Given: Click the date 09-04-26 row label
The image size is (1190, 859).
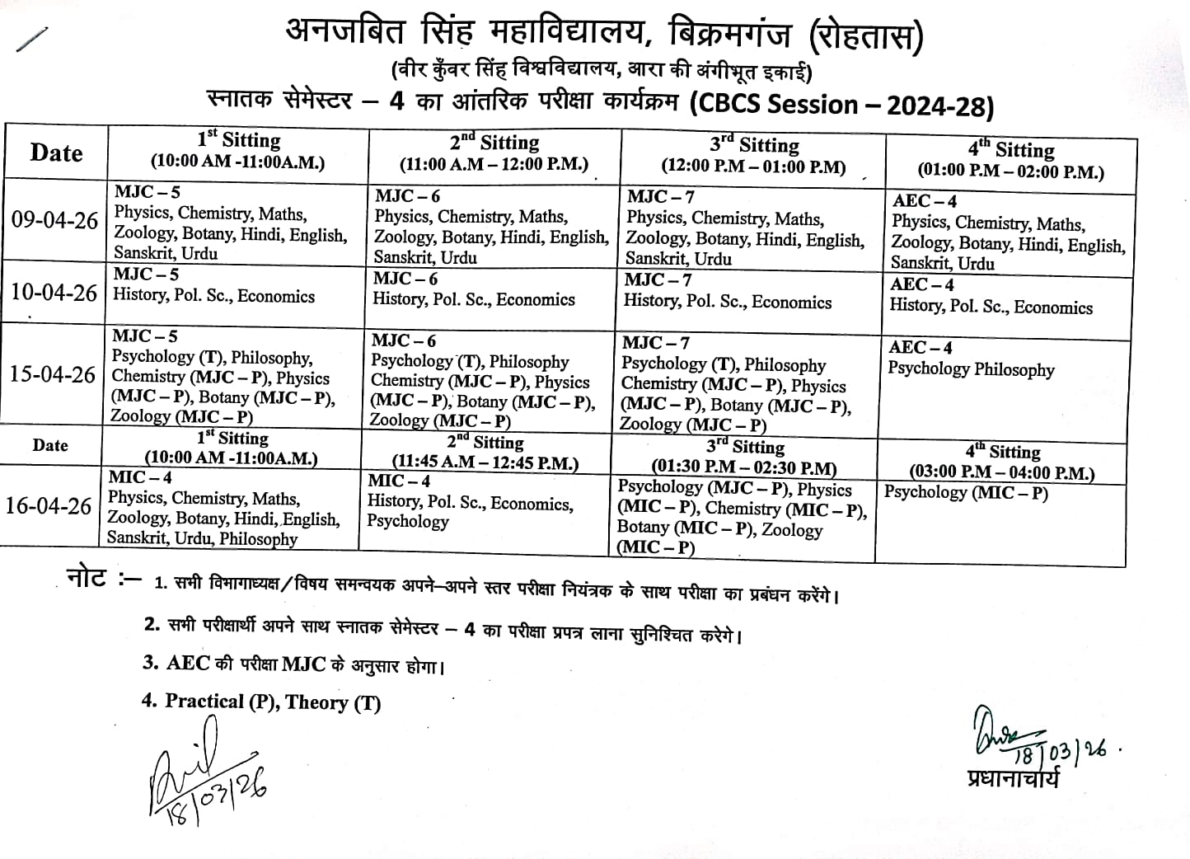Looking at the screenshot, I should pyautogui.click(x=54, y=221).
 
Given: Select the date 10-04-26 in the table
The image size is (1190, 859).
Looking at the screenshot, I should pyautogui.click(x=54, y=293).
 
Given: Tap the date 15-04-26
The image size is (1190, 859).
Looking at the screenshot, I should pyautogui.click(x=53, y=374).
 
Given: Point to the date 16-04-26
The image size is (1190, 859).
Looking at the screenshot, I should pyautogui.click(x=48, y=505).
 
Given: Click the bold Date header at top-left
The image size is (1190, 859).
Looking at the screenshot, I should pyautogui.click(x=56, y=153).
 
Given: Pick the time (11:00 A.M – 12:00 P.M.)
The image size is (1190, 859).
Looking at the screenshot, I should pyautogui.click(x=494, y=164).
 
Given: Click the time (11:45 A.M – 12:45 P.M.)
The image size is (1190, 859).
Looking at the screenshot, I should pyautogui.click(x=485, y=463).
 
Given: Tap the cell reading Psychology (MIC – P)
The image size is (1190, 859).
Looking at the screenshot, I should pyautogui.click(x=966, y=493).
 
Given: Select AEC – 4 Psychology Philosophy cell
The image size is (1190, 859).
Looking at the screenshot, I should pyautogui.click(x=971, y=359).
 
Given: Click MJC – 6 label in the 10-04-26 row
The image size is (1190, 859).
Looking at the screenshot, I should pyautogui.click(x=405, y=279).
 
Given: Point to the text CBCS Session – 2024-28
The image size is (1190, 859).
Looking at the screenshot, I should pyautogui.click(x=841, y=106).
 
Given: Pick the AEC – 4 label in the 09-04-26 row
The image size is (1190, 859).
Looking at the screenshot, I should pyautogui.click(x=924, y=201).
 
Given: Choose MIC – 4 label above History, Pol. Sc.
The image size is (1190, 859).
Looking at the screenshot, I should pyautogui.click(x=399, y=481).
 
